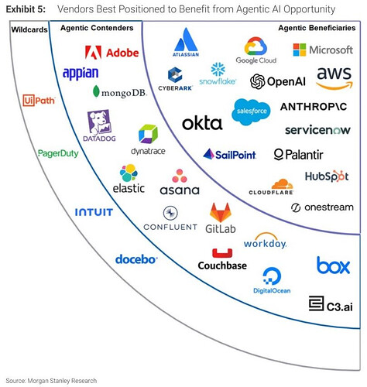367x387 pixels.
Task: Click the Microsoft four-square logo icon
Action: pos(300,50)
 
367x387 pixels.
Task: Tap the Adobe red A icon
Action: pos(93,53)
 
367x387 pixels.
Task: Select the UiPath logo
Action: pos(39,101)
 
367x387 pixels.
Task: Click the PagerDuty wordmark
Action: pos(58,153)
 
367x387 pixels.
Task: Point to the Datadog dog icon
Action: pos(99,122)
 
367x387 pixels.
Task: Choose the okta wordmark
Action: pos(202,123)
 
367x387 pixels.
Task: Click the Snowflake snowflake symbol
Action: pos(218,70)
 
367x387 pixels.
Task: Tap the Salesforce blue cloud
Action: pos(251,111)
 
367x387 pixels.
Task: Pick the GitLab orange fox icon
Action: pos(221,212)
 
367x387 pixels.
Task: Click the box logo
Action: pos(333,265)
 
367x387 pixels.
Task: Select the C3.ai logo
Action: pos(331,303)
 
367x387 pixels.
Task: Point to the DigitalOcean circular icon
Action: pos(272,276)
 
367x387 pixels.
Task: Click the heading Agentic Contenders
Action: pos(97,28)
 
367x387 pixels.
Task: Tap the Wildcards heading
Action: pos(29,29)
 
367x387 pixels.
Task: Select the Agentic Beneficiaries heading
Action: pos(317,28)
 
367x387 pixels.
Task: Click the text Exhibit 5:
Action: pos(26,9)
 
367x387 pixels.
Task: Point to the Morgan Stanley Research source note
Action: pos(51,381)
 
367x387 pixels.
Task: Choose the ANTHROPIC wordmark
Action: pos(314,107)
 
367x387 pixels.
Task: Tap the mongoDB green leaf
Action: pos(96,91)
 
